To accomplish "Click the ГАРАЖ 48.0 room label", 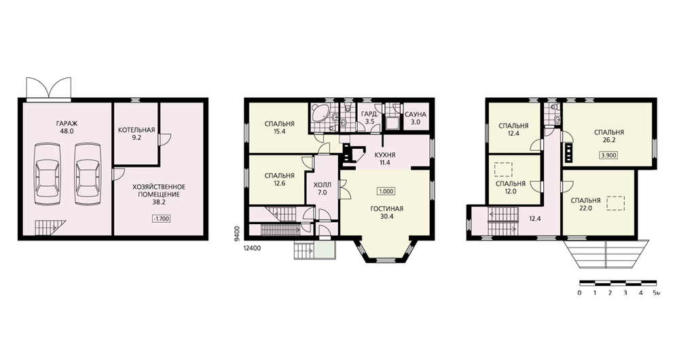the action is (x=67, y=127).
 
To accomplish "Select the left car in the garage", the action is (x=46, y=175).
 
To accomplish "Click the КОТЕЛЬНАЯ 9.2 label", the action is (x=136, y=134).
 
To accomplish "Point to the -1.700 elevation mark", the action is (x=162, y=219).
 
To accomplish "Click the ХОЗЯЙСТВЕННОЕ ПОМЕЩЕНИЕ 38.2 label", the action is (x=158, y=194).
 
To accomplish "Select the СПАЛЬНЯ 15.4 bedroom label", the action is (x=279, y=128).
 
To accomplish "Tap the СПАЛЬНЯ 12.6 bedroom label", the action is (x=279, y=179).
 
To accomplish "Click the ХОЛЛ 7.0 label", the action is (x=322, y=188).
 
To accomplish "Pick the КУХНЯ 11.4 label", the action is (x=385, y=158).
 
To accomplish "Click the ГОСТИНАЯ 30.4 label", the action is (x=387, y=213).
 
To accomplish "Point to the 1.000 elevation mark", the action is (x=387, y=192).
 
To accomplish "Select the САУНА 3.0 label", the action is (x=416, y=118).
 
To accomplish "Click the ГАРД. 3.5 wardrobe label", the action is (x=370, y=118).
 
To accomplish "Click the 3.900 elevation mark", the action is (x=609, y=155).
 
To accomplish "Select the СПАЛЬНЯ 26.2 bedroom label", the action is (x=609, y=137).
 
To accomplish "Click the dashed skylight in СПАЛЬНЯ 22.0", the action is (x=616, y=203).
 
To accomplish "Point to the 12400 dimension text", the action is (x=253, y=248).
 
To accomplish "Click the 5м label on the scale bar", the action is (x=657, y=293).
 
